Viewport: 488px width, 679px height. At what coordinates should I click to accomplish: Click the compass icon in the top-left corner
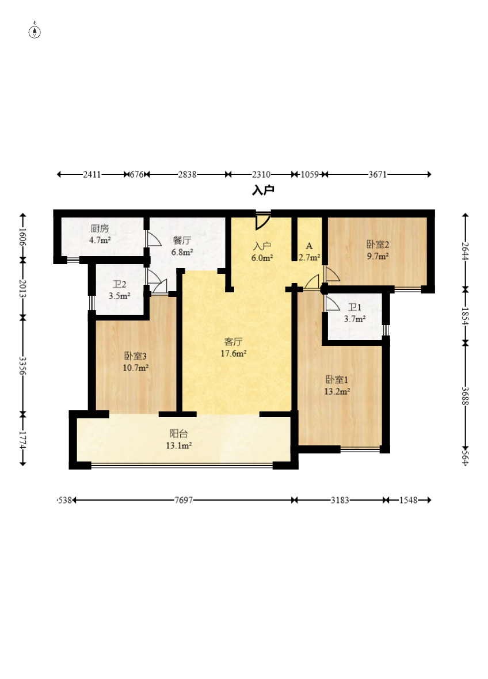35,31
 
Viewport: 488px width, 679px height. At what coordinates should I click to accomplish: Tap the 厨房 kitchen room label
100,228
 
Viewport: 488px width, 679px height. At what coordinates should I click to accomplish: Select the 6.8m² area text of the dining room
182,252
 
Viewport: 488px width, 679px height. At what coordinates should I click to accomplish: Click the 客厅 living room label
234,342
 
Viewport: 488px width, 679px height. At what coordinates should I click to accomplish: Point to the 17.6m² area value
234,353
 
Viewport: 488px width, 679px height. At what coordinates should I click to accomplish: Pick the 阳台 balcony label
178,433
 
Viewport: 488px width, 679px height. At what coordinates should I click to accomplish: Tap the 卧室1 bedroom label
337,380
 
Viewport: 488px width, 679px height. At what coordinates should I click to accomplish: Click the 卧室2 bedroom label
378,244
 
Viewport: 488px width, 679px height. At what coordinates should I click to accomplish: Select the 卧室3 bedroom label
136,356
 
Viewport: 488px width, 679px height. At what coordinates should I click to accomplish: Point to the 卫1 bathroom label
354,307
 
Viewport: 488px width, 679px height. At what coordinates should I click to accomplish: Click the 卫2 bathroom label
120,284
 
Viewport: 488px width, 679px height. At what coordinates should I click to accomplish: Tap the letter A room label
309,246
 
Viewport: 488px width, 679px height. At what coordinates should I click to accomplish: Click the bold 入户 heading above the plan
263,190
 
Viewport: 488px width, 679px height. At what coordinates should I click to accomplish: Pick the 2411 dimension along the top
92,174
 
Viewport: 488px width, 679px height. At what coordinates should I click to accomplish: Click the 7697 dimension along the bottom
184,500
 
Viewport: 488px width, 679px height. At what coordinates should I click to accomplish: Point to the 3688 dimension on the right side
466,396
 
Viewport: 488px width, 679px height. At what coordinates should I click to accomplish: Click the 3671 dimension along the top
378,174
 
